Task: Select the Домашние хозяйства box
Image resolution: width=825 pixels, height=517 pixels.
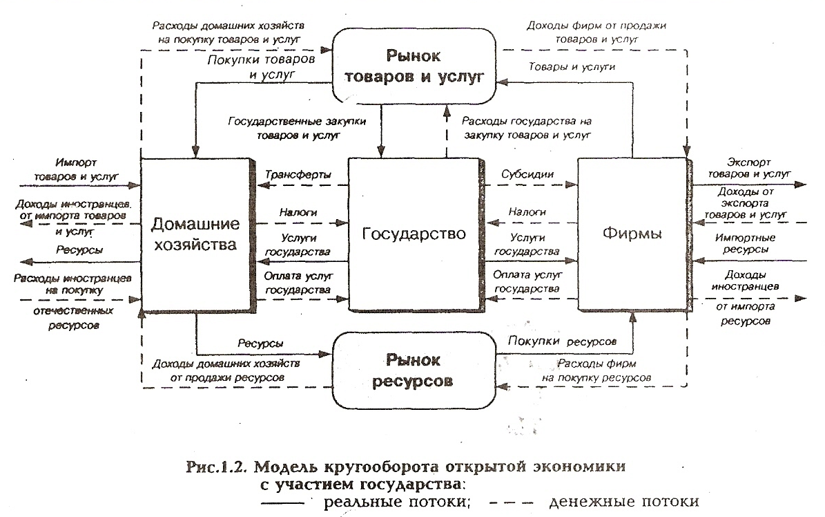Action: (x=195, y=234)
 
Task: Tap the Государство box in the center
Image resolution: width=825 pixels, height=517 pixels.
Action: (x=414, y=233)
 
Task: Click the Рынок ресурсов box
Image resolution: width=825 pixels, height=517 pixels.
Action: (x=414, y=370)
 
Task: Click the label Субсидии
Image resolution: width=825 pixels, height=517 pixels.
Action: (x=528, y=174)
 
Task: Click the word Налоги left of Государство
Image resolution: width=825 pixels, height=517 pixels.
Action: (x=298, y=212)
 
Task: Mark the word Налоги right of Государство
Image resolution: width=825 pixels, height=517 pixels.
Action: (x=527, y=212)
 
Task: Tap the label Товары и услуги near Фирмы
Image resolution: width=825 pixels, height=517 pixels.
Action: (x=571, y=67)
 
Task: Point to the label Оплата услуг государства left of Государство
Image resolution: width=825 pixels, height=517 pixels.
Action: (x=298, y=282)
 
